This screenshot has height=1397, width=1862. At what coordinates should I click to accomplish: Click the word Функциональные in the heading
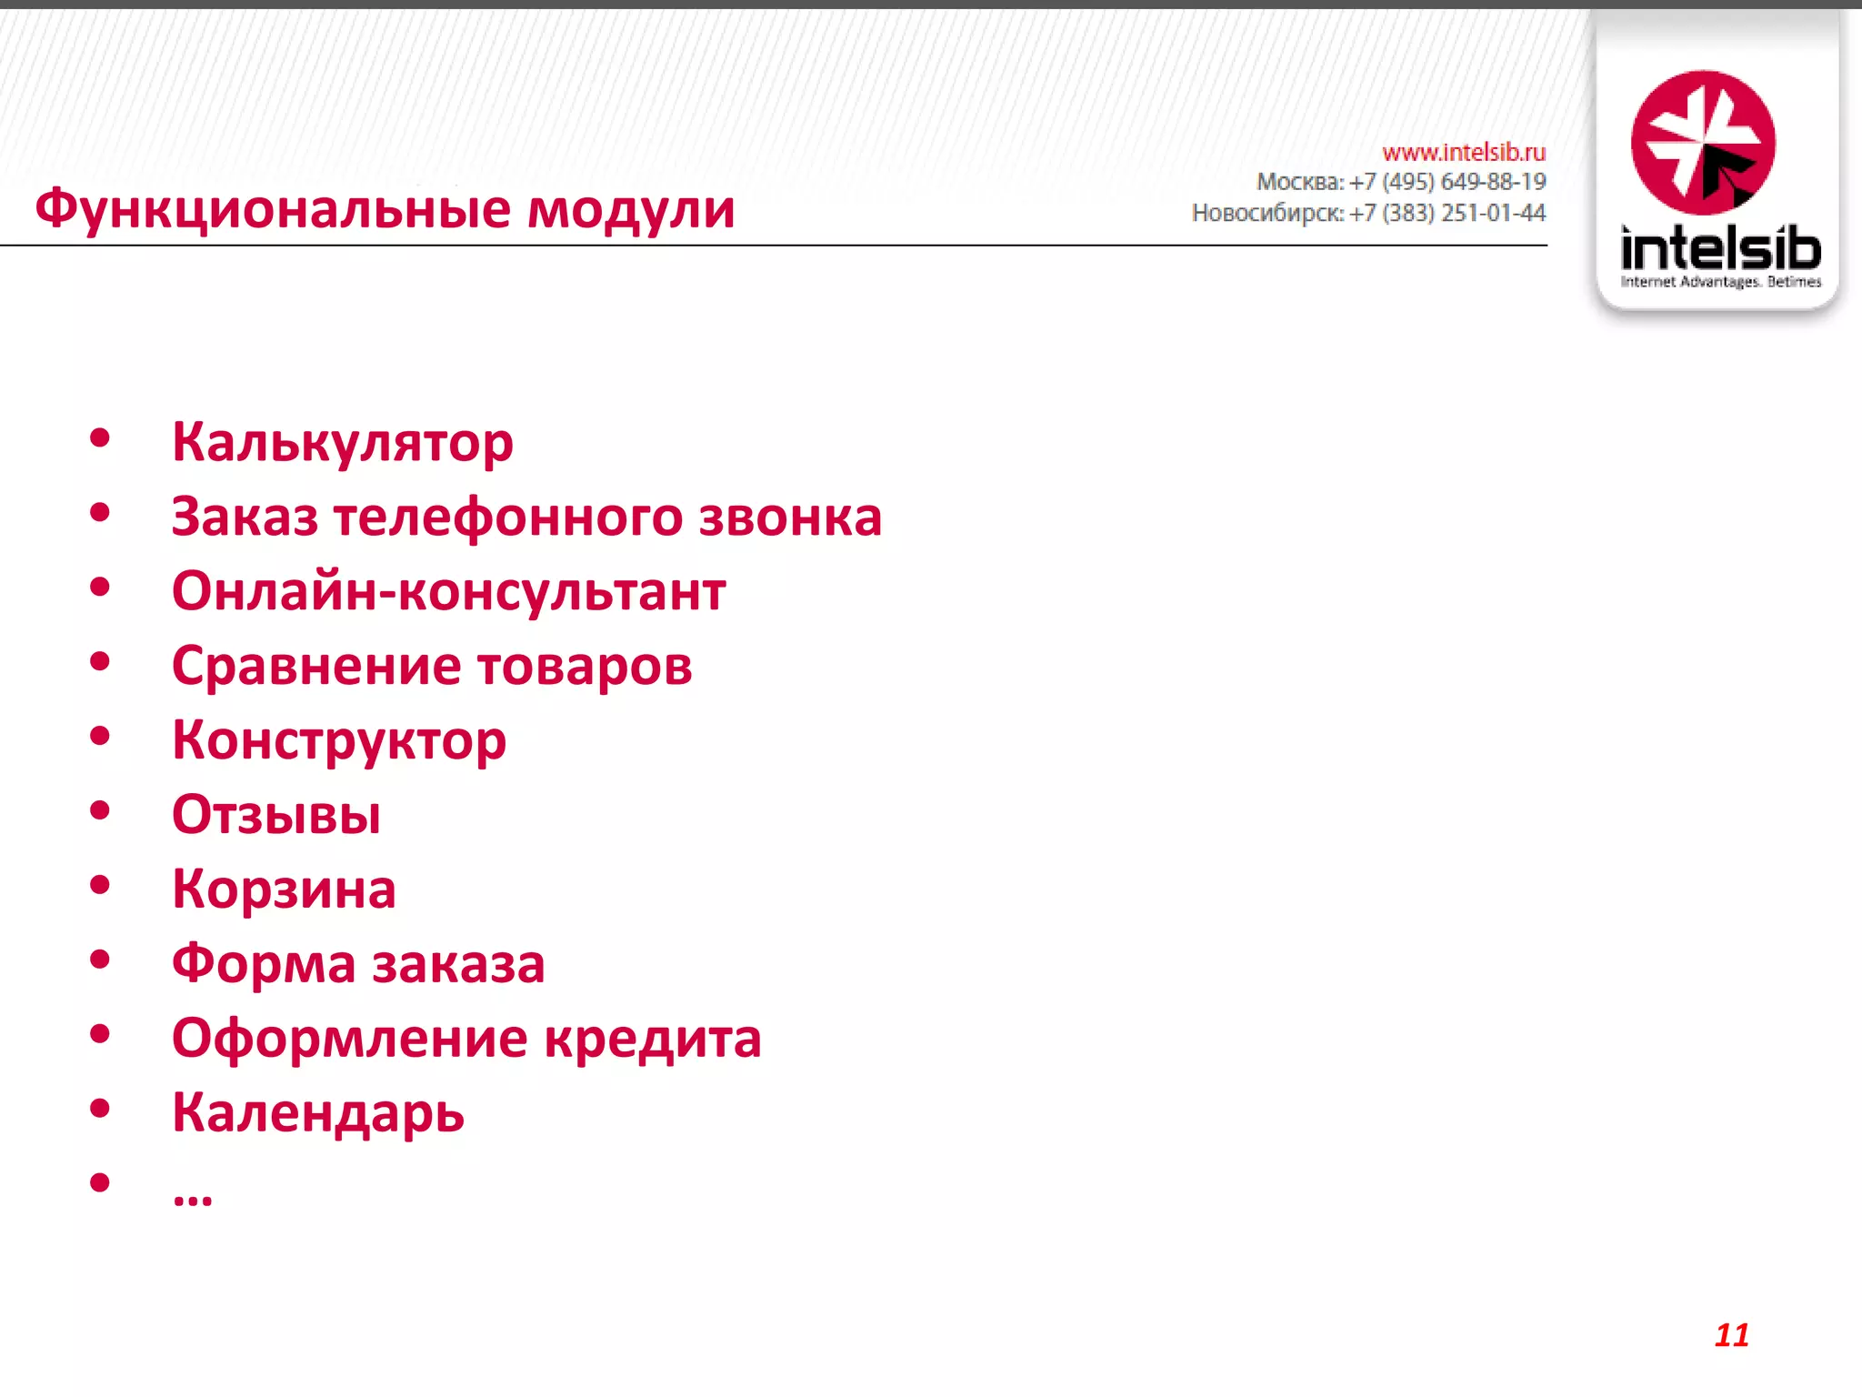coord(273,210)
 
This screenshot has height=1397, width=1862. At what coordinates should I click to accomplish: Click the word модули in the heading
coord(631,210)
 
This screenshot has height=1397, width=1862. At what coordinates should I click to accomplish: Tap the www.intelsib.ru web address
coord(1463,152)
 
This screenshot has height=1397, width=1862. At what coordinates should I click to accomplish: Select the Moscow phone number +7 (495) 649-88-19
coord(1447,182)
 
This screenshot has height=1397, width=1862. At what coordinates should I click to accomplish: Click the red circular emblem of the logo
coord(1703,143)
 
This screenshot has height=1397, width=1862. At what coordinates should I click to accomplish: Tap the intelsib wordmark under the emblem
coord(1720,247)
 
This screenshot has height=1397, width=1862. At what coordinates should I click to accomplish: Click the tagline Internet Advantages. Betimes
coord(1720,282)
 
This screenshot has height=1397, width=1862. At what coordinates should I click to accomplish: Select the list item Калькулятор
coord(343,443)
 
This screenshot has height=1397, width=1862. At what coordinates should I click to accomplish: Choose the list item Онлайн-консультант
coord(448,591)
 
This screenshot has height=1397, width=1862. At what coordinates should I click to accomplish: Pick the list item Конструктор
coord(339,741)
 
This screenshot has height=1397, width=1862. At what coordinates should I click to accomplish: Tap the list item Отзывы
coord(276,815)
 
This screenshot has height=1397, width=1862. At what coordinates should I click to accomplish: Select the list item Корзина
coord(284,889)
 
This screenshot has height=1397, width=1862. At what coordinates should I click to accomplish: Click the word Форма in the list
coord(264,964)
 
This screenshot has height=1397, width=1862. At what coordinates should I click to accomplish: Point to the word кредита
coord(652,1039)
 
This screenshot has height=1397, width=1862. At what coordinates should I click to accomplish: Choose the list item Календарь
coord(318,1113)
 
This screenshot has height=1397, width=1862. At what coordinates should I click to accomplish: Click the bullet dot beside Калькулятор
coord(100,438)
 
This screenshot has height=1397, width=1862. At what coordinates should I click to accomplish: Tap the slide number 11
coord(1731,1335)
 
